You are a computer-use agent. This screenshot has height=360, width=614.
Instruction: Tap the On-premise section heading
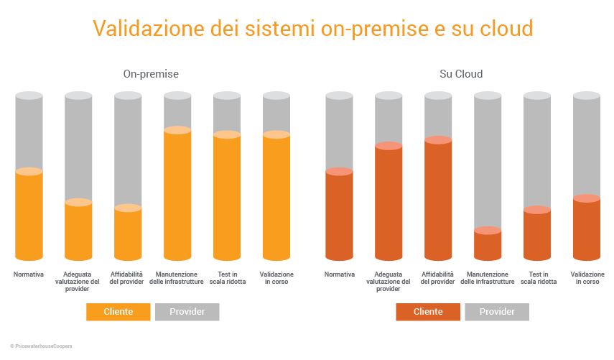point(151,74)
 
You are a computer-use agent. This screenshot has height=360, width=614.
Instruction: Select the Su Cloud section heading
point(461,74)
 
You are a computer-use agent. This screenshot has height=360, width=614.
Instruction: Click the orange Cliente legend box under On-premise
point(118,312)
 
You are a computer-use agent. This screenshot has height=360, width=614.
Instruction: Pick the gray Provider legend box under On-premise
point(187,312)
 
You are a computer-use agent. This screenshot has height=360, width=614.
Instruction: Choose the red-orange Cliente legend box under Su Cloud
point(428,312)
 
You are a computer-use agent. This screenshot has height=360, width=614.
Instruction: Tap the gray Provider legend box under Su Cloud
point(497,312)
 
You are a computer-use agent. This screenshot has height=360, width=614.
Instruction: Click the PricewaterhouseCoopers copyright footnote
point(41,346)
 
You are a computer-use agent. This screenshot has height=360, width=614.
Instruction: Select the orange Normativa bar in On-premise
point(29,216)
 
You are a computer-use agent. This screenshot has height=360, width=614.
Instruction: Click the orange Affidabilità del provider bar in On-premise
point(128,234)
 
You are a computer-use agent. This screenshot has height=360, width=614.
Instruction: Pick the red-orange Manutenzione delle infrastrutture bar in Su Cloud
point(488,245)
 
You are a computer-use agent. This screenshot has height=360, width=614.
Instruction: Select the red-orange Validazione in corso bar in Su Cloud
point(586,229)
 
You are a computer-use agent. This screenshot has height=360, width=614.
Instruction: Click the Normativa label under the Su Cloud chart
point(340,274)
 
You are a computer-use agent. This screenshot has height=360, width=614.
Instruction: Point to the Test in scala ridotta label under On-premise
point(227,278)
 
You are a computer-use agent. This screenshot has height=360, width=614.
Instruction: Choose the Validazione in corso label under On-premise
point(276,278)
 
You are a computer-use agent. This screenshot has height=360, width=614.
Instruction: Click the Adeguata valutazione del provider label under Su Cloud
point(389,282)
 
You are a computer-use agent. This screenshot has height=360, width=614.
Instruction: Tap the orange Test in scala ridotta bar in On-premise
point(227,197)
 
